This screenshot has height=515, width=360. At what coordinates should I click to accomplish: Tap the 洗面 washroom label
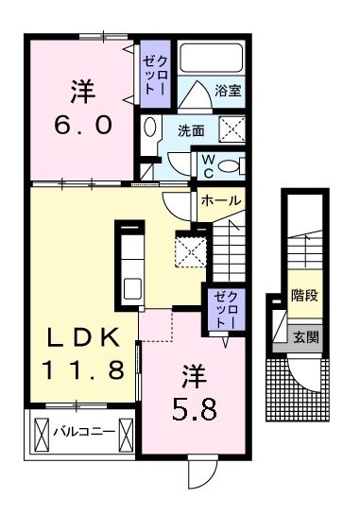click(x=192, y=130)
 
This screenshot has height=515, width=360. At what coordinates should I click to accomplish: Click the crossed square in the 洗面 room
click(x=232, y=129)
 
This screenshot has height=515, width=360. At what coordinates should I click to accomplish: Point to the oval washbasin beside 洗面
click(x=151, y=128)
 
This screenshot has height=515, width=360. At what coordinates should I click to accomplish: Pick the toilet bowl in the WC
click(x=231, y=166)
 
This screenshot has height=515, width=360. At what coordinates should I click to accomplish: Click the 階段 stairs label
click(x=303, y=295)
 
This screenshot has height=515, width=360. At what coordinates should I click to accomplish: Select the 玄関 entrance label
click(x=304, y=337)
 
